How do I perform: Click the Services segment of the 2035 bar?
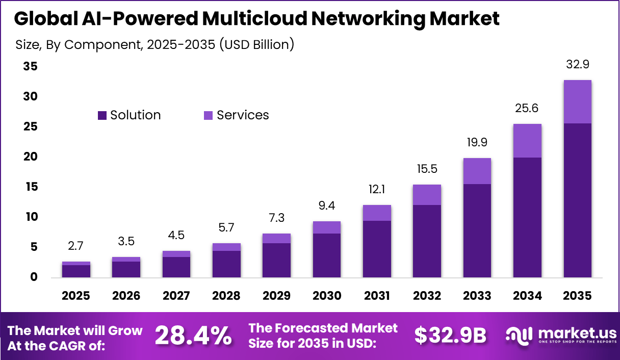pyautogui.click(x=577, y=101)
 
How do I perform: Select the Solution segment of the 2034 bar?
pyautogui.click(x=527, y=217)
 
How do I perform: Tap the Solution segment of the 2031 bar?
pyautogui.click(x=377, y=249)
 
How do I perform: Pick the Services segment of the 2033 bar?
pyautogui.click(x=477, y=171)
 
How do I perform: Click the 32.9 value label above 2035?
pyautogui.click(x=578, y=65)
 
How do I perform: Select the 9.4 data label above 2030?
pyautogui.click(x=326, y=205)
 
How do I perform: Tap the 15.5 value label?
pyautogui.click(x=427, y=169)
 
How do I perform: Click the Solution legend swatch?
pyautogui.click(x=102, y=116)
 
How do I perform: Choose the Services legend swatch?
pyautogui.click(x=208, y=116)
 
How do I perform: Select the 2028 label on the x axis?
pyautogui.click(x=226, y=296)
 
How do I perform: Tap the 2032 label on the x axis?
pyautogui.click(x=427, y=296)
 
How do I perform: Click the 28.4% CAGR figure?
pyautogui.click(x=193, y=336)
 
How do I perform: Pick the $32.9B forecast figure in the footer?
pyautogui.click(x=450, y=336)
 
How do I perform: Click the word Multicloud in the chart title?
pyautogui.click(x=262, y=18)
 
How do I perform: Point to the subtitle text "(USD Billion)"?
pyautogui.click(x=256, y=44)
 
